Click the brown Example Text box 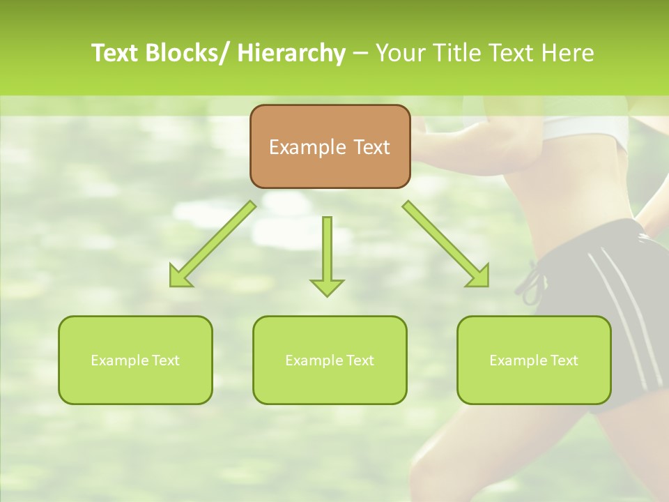click(x=330, y=146)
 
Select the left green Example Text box click(x=135, y=360)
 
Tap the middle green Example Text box click(x=330, y=360)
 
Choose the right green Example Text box click(x=534, y=360)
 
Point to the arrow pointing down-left click(x=213, y=244)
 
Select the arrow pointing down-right click(x=446, y=244)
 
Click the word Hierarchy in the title click(x=291, y=53)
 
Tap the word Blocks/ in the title click(x=186, y=53)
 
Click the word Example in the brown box click(x=307, y=147)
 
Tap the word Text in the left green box click(x=166, y=360)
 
